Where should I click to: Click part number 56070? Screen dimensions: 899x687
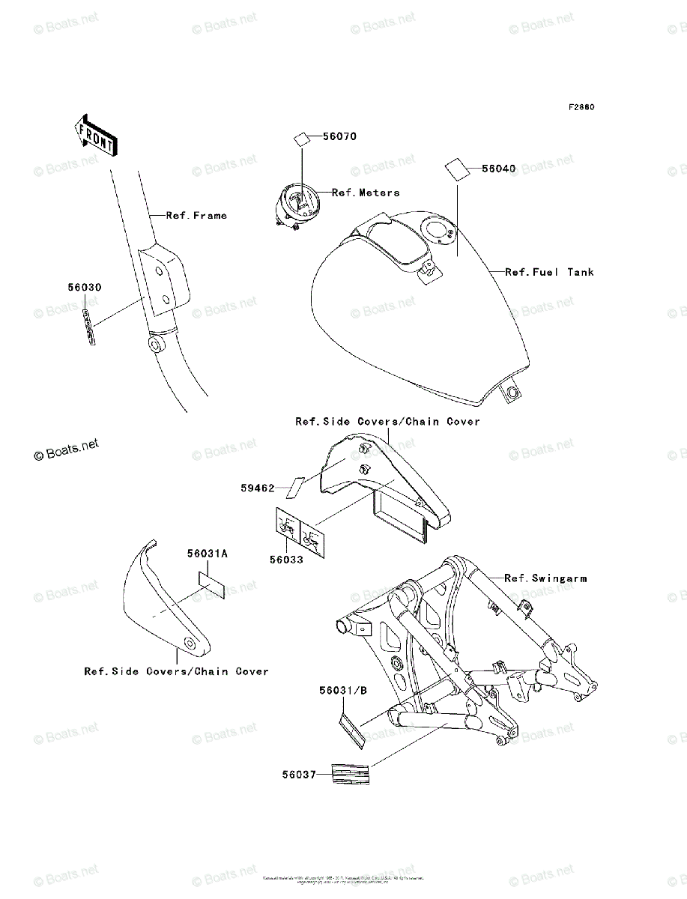point(339,137)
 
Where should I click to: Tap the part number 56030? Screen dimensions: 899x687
point(85,287)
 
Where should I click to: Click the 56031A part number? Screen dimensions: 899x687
point(208,554)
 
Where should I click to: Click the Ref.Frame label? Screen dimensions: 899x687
point(196,216)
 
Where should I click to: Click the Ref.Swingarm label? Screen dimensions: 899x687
point(545,578)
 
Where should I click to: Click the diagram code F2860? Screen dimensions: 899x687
point(581,107)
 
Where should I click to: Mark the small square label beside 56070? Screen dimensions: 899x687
point(301,139)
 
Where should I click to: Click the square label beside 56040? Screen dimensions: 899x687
point(456,169)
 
